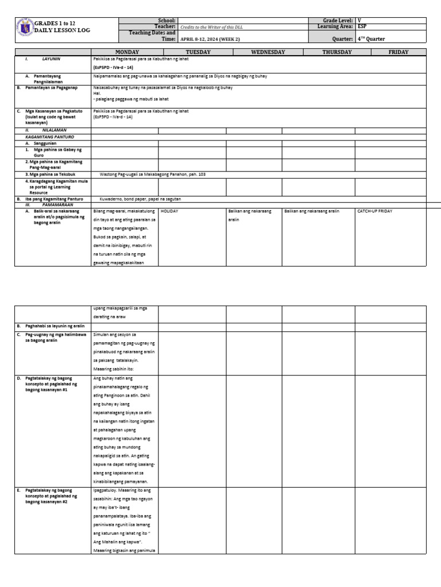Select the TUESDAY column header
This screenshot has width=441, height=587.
(198, 52)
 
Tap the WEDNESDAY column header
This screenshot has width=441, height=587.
(268, 52)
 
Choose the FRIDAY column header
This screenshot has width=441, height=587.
(399, 52)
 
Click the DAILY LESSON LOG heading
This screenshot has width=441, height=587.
(62, 30)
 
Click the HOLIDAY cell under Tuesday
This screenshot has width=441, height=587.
(169, 212)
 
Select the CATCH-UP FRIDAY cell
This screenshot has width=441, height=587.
(374, 212)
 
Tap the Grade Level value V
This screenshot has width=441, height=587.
(359, 21)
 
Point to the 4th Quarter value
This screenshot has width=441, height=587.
(371, 39)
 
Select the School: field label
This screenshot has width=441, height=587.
(165, 21)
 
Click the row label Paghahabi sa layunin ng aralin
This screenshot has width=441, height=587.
(54, 326)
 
